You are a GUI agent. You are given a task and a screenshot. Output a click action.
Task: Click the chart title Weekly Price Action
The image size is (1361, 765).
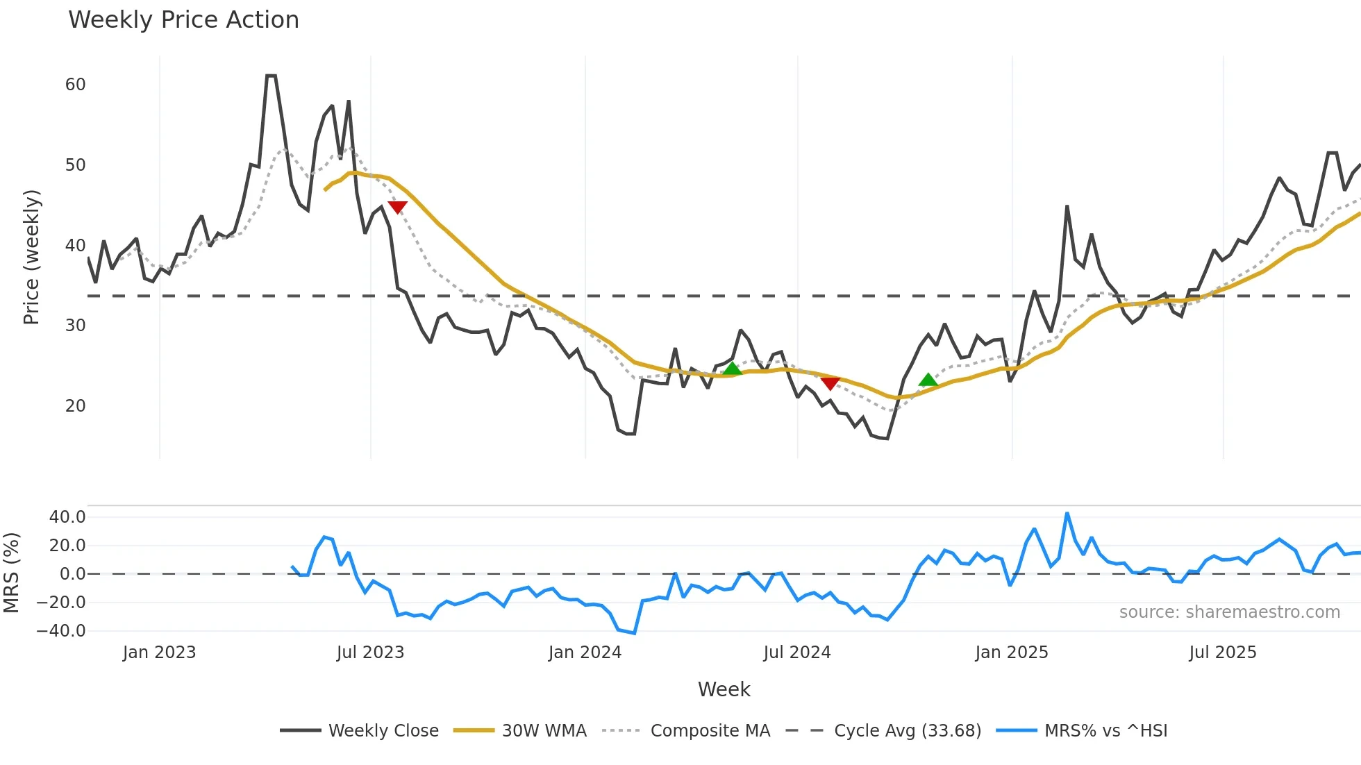tap(183, 20)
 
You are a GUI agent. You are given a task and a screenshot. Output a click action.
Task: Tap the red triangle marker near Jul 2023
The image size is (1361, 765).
tap(397, 207)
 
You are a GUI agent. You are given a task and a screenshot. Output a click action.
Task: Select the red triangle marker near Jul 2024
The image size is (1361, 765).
tap(830, 383)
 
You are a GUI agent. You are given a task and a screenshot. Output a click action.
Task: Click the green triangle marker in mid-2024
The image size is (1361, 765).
tap(732, 369)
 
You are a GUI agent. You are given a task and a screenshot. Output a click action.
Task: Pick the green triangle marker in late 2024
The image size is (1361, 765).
tap(928, 380)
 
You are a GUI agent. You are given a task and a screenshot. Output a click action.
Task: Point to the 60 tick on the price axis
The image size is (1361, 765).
tap(75, 85)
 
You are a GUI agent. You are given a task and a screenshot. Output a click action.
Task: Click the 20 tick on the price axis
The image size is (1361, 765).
tap(75, 406)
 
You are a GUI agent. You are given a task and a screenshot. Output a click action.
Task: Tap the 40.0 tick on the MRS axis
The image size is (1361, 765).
tap(67, 517)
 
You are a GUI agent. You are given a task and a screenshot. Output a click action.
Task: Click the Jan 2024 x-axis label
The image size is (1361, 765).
tap(585, 653)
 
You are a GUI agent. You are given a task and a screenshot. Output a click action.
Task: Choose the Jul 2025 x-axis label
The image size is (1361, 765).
tap(1222, 653)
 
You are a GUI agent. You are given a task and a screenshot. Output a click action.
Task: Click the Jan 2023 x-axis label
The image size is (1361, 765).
tap(159, 653)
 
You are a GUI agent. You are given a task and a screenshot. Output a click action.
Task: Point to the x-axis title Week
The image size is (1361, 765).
tap(724, 689)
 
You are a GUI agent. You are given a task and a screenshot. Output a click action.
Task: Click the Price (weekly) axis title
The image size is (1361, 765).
tap(32, 257)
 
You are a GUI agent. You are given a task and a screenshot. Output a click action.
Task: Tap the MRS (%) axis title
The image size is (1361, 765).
tap(11, 573)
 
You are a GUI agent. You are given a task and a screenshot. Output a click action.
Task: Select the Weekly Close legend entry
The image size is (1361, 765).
tap(383, 731)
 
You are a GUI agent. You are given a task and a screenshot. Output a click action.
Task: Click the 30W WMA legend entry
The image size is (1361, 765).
tap(544, 731)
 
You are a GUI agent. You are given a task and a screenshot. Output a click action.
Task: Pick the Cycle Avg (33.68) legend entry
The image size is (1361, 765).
tap(907, 731)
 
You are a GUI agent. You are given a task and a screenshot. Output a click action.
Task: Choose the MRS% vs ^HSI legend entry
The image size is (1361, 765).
tap(1105, 731)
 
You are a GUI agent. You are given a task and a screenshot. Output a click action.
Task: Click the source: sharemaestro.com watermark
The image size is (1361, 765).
tap(1229, 612)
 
